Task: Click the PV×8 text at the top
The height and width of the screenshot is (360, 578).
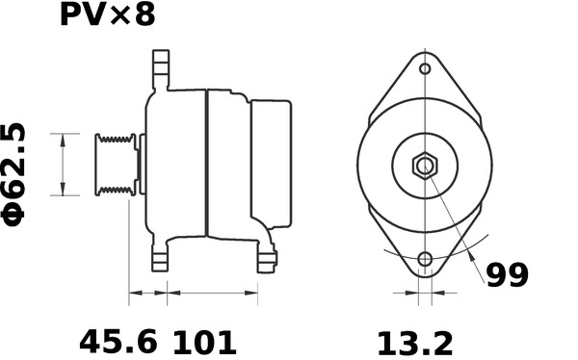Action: coord(107,16)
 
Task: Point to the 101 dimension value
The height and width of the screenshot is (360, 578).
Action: coord(204,341)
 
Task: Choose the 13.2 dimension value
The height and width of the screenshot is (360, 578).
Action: coord(413,341)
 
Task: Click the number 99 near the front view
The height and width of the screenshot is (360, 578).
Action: coord(507,277)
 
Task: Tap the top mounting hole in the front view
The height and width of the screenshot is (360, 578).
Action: coord(425,69)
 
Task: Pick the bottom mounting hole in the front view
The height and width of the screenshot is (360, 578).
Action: coord(425,260)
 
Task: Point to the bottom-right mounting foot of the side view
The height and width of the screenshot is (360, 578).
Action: coord(265,257)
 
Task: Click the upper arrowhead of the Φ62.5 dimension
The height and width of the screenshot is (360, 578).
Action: coord(63,138)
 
